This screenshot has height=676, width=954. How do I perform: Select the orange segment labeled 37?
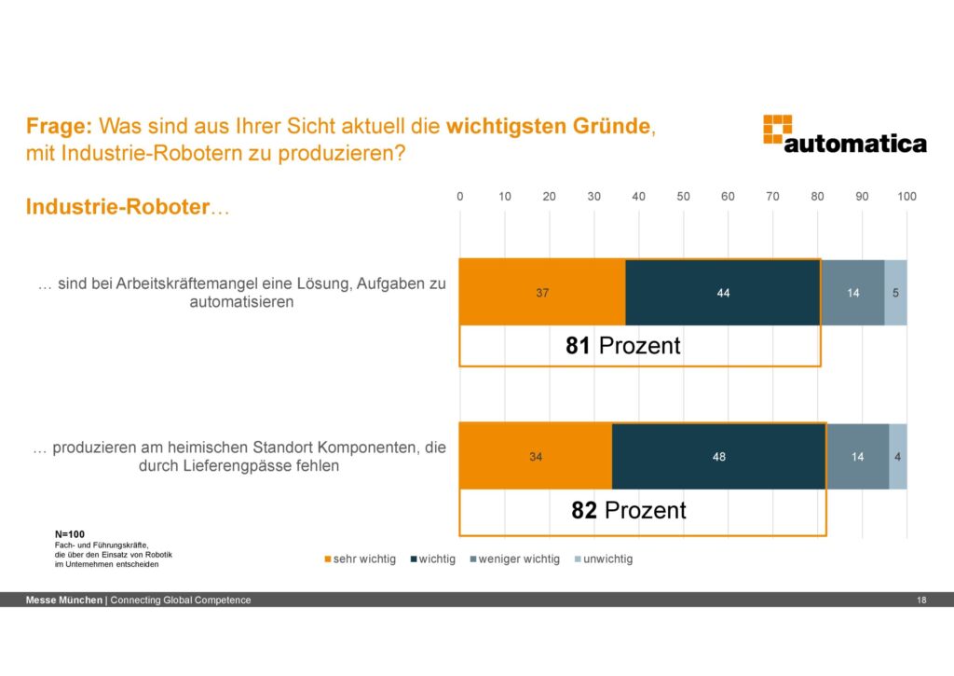[x=541, y=293]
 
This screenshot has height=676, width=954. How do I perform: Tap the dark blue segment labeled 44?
[x=722, y=293]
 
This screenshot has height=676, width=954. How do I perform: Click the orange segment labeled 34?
[x=535, y=457]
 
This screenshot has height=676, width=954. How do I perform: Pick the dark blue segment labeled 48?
[x=718, y=457]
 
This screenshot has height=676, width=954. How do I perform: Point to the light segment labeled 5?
[x=895, y=293]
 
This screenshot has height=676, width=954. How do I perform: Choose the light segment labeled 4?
[x=897, y=457]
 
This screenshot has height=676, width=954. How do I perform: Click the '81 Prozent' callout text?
[x=622, y=346]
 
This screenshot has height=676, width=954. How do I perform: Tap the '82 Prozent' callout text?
[x=628, y=510]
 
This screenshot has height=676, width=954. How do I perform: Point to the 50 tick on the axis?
[x=683, y=197]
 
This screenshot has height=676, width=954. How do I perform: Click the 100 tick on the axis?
[x=906, y=197]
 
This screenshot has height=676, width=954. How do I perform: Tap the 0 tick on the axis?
[x=459, y=197]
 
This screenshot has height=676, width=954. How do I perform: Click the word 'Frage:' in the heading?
[x=60, y=126]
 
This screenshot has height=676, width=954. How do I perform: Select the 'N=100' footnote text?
[x=71, y=533]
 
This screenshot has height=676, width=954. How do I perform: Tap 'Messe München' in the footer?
[x=64, y=600]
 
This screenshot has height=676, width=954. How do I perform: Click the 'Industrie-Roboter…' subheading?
[x=127, y=207]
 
